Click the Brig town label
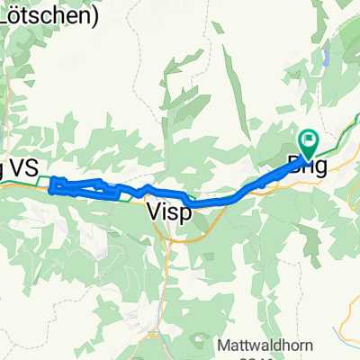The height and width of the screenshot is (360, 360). click(x=305, y=165)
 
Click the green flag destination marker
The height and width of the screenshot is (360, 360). click(x=310, y=139)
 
